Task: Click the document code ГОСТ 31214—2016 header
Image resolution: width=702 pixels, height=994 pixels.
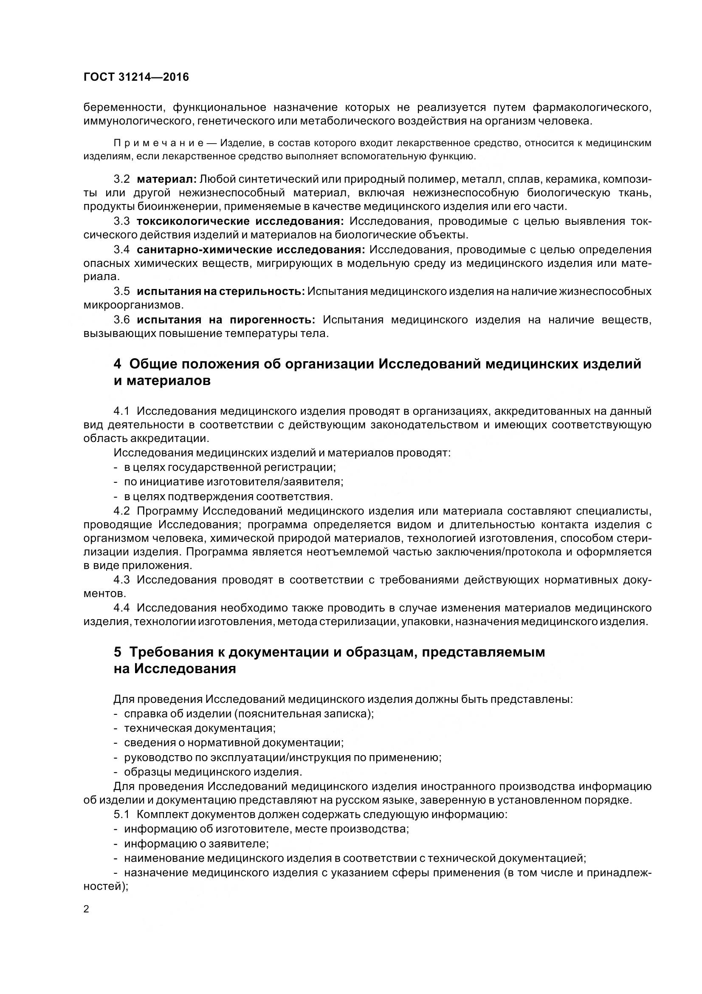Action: pos(136,77)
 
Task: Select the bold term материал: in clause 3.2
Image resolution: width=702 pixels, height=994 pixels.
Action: pos(167,179)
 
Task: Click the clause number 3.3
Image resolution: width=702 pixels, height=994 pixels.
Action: pos(121,221)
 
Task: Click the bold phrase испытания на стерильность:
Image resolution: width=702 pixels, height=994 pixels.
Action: pos(220,292)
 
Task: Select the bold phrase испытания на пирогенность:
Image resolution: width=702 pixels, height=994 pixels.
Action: pos(226,320)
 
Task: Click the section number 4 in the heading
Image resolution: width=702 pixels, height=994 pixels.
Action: pos(117,364)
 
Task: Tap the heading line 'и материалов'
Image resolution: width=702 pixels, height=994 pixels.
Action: pos(162,381)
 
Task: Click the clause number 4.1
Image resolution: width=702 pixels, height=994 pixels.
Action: pos(121,411)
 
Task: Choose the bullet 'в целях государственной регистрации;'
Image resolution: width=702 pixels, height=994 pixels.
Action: pos(230,467)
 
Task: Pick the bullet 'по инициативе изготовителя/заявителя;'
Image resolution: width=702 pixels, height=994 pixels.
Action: pos(234,482)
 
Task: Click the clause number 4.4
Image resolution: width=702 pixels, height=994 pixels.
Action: pos(121,608)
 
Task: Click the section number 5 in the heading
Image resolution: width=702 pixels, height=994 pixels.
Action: pos(117,652)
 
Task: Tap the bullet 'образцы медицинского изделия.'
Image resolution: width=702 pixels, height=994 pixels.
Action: pos(213,771)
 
